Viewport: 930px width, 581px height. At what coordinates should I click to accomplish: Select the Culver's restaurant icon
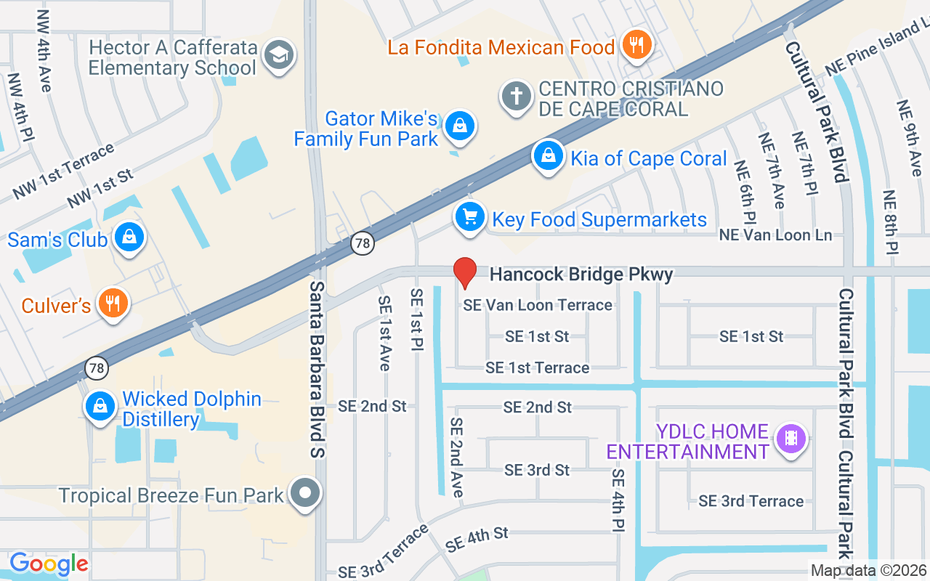[x=112, y=304]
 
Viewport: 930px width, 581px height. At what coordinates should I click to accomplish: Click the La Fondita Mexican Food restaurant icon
[x=636, y=46]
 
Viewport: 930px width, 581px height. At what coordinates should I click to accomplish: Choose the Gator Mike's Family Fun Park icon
[x=459, y=126]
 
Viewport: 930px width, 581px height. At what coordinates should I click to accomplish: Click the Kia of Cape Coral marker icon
[x=549, y=156]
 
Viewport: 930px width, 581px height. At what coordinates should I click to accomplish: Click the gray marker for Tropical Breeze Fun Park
[x=305, y=494]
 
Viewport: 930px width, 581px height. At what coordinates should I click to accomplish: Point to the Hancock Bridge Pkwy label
[x=581, y=275]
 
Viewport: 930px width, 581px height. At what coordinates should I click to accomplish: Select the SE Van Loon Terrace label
[x=538, y=305]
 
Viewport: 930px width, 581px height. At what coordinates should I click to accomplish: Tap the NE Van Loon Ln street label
[x=775, y=235]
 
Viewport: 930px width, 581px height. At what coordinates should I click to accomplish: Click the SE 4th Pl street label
[x=618, y=499]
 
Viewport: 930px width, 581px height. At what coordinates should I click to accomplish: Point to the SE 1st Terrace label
[x=537, y=368]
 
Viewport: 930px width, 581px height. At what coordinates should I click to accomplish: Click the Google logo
[x=48, y=563]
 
